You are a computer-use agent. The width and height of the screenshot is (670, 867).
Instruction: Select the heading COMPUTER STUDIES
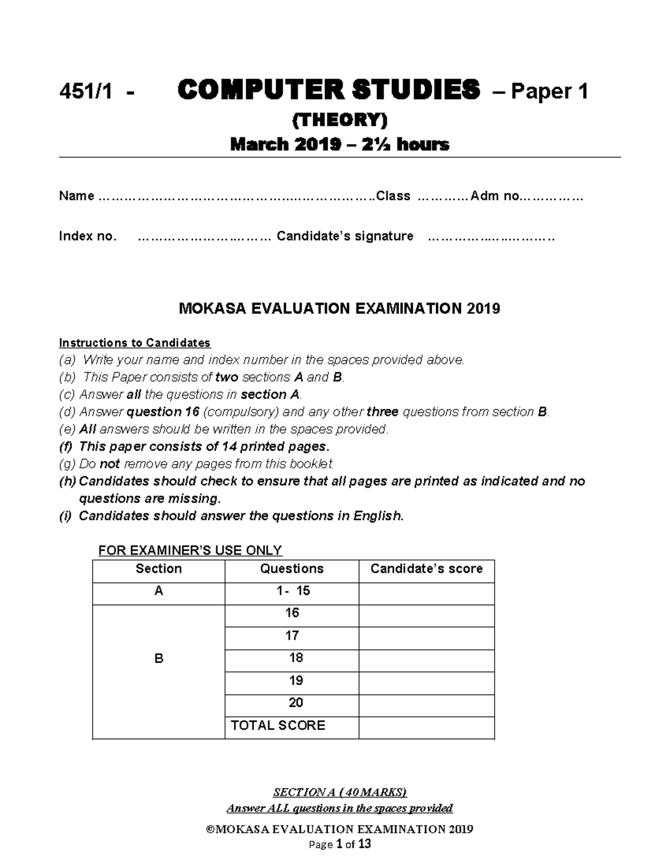click(x=328, y=90)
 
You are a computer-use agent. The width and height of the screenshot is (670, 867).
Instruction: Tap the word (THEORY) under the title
click(x=340, y=119)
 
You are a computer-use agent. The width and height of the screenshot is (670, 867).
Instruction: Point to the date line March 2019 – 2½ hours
click(x=339, y=145)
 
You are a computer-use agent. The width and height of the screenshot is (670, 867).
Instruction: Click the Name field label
click(x=76, y=196)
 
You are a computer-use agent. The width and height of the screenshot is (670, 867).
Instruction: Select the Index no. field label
click(x=88, y=236)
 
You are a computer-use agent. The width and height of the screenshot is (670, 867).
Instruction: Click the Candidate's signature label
click(x=345, y=236)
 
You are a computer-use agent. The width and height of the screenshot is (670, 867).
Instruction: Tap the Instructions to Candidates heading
click(x=135, y=343)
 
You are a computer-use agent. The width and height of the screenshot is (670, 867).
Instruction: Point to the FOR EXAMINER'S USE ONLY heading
click(x=190, y=550)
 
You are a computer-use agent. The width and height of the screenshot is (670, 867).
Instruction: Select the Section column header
click(x=159, y=569)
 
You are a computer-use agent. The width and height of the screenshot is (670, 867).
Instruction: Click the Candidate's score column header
click(x=427, y=569)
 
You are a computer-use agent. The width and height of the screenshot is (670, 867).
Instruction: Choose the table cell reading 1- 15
click(x=293, y=591)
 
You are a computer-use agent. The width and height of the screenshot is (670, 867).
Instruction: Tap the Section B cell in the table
click(x=159, y=659)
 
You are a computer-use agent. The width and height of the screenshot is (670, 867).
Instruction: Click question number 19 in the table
click(x=295, y=681)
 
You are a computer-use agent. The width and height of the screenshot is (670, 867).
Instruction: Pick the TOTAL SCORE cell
click(x=278, y=725)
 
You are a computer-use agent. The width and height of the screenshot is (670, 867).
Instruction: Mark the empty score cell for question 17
click(x=427, y=636)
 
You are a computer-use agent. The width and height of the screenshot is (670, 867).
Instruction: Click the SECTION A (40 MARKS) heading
click(x=339, y=792)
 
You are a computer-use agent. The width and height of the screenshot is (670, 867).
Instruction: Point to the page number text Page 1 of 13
click(x=339, y=844)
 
